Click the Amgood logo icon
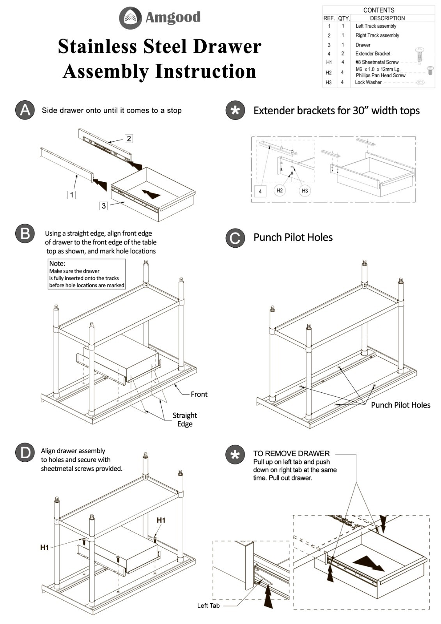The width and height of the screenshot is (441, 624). (x=130, y=18)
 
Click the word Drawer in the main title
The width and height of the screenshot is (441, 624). (x=227, y=46)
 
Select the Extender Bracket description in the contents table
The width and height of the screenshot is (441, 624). (x=372, y=54)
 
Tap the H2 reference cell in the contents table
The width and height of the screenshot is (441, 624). (x=329, y=73)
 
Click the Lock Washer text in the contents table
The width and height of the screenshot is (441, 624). (x=368, y=82)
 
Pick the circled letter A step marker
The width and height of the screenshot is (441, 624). (x=25, y=110)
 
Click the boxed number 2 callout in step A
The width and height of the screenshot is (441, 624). (x=129, y=138)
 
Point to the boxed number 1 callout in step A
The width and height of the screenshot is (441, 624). (x=71, y=195)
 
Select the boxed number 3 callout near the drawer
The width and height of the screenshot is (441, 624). (x=103, y=206)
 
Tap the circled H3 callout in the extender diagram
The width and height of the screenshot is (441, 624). (x=305, y=191)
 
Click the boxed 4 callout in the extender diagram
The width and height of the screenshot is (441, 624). (x=260, y=191)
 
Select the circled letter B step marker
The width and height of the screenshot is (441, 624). (x=25, y=234)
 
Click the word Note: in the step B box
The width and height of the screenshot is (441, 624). (x=57, y=264)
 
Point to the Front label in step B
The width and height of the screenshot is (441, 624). (x=199, y=394)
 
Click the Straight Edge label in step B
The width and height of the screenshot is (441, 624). (x=184, y=420)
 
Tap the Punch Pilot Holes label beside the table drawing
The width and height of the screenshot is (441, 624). (x=400, y=405)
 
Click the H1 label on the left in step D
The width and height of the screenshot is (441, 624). (x=44, y=548)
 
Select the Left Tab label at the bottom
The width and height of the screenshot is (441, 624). (x=208, y=605)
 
